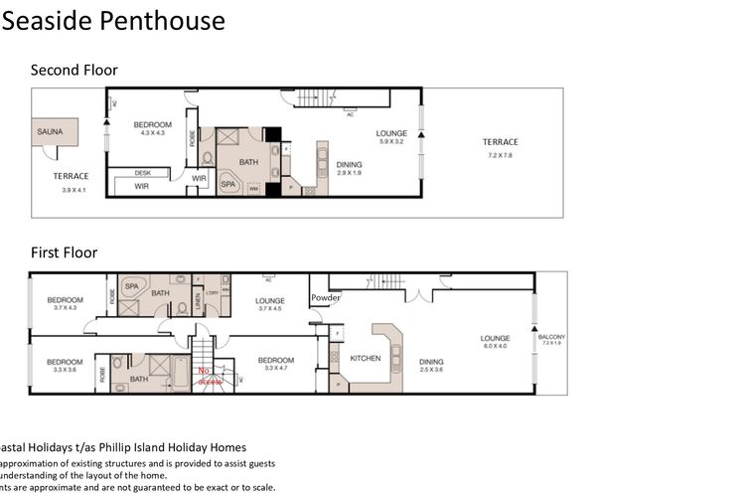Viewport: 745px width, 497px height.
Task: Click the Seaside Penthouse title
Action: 113,21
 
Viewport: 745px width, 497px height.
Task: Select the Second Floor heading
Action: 74,70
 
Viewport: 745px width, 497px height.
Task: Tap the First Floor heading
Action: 64,252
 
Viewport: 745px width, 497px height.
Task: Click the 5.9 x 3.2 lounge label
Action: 390,137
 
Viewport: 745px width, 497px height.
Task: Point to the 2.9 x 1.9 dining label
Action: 349,169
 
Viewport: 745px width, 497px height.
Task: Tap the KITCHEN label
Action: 366,358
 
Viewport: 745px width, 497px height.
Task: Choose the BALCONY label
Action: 551,339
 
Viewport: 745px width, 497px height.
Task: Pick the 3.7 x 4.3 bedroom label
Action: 65,303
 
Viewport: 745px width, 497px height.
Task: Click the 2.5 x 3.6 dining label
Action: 430,366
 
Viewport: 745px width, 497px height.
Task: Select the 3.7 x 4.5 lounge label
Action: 270,304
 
